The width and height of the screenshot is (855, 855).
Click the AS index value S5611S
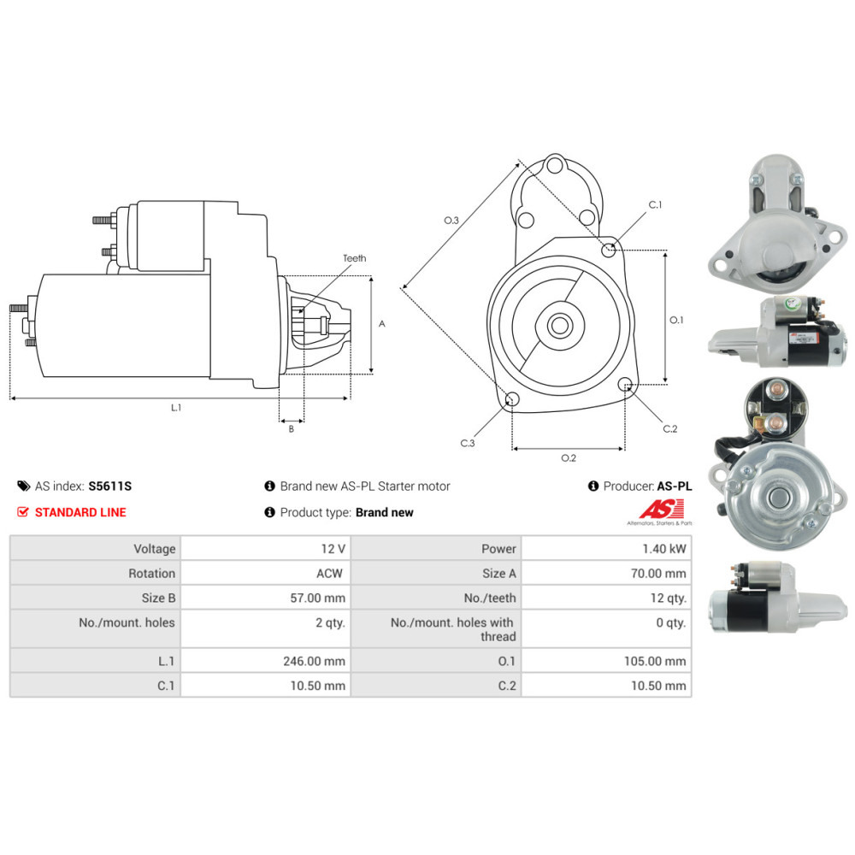[x=109, y=486]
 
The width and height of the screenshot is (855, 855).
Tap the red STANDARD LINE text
[x=80, y=512]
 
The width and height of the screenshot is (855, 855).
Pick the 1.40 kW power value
[x=663, y=549]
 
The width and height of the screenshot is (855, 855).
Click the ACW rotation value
[x=329, y=573]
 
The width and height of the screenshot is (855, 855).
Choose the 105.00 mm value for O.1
[x=655, y=661]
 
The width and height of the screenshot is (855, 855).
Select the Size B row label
[x=158, y=598]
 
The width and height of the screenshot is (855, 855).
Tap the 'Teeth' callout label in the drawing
[x=355, y=258]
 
